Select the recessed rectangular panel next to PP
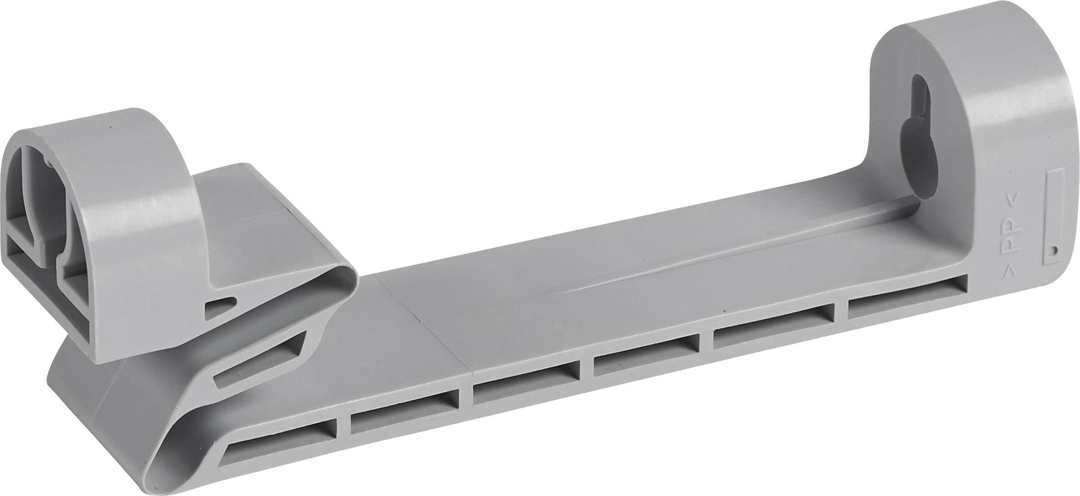tap(1054, 220)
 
